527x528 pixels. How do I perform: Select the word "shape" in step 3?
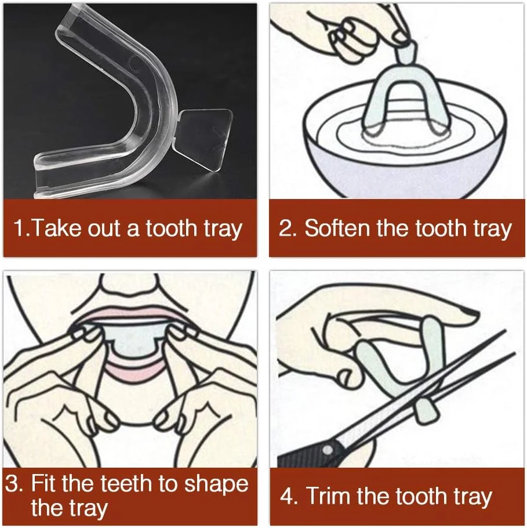pyautogui.click(x=216, y=485)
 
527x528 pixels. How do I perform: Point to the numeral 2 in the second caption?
pyautogui.click(x=286, y=228)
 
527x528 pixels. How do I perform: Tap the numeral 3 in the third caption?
pyautogui.click(x=12, y=484)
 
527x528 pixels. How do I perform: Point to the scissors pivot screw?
pyautogui.click(x=327, y=450)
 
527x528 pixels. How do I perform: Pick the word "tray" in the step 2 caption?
pyautogui.click(x=493, y=230)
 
